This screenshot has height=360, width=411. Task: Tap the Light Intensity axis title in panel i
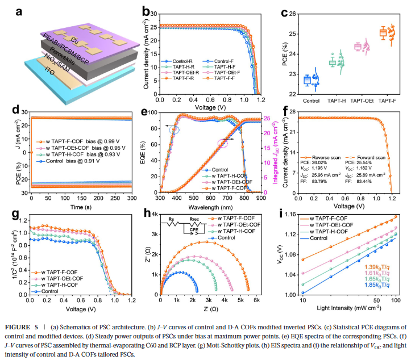[x=351, y=309]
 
